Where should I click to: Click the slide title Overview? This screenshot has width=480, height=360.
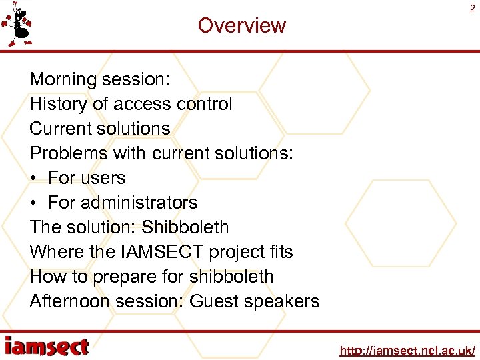[x=241, y=25]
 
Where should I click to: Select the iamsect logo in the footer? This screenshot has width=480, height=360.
[x=47, y=347]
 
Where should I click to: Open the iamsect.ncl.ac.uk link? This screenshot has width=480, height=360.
[x=407, y=350]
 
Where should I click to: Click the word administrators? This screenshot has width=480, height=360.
[x=140, y=203]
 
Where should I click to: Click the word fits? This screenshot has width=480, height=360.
[x=278, y=252]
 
